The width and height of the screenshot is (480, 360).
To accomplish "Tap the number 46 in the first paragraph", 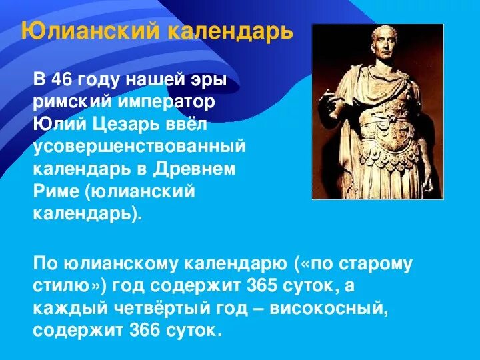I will point(63,81).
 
